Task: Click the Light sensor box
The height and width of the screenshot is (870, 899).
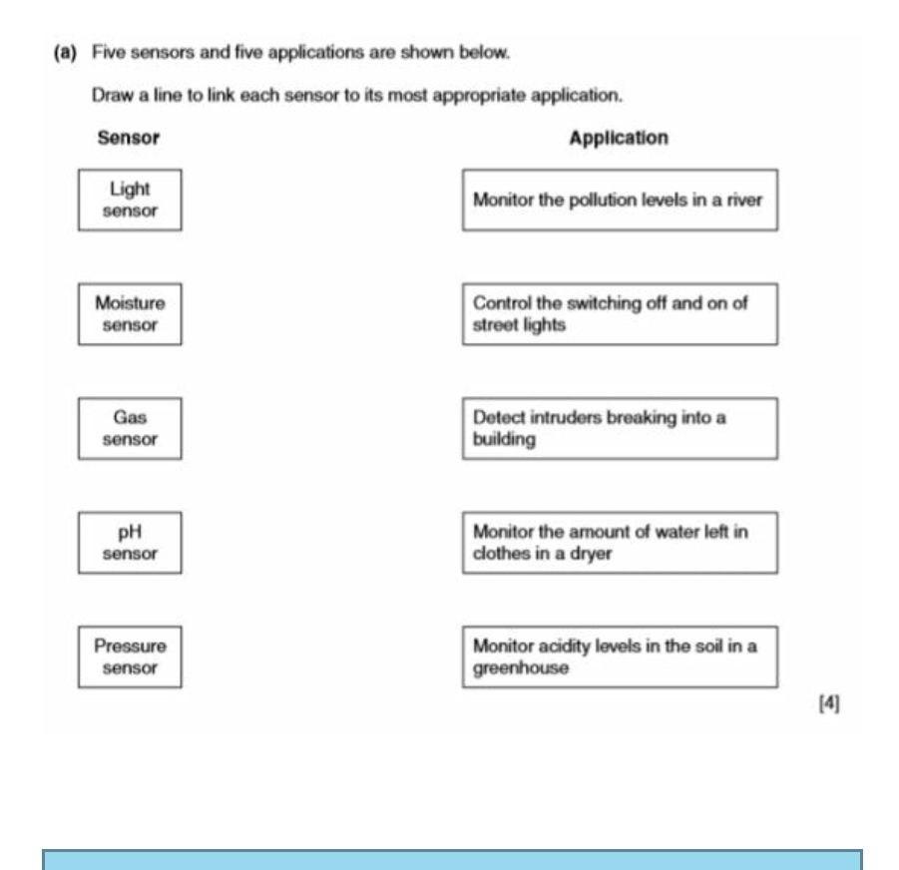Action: (x=130, y=198)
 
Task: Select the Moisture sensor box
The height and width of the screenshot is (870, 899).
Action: (x=130, y=312)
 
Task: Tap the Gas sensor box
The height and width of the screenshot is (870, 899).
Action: (x=130, y=428)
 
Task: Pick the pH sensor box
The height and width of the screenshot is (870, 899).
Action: (x=130, y=543)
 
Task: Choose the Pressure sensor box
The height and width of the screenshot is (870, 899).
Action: (x=130, y=657)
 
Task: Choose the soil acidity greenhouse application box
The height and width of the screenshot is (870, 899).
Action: (x=619, y=657)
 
